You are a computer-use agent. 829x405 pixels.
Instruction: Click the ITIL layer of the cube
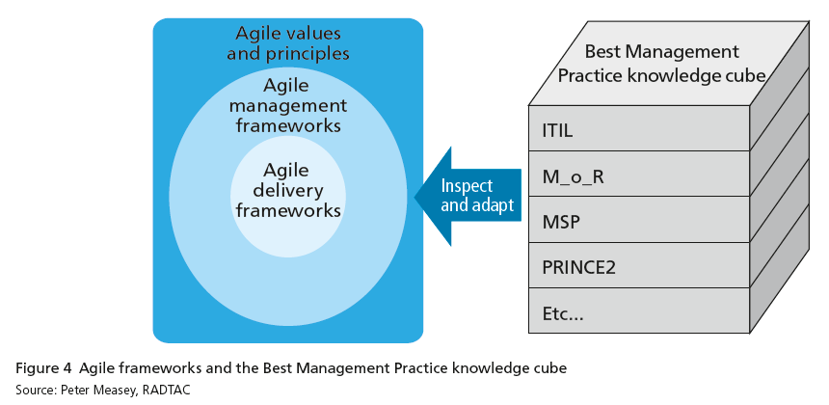(639, 128)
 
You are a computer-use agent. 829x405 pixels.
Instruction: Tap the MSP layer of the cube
(639, 220)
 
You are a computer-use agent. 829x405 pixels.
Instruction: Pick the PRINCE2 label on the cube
(579, 267)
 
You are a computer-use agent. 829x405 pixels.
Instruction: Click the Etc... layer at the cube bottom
(639, 310)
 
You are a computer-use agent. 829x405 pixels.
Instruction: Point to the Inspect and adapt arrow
(468, 196)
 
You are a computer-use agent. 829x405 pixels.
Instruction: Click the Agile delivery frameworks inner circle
(288, 197)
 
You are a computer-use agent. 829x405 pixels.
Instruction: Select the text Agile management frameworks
(287, 106)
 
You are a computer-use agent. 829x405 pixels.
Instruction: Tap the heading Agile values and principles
(288, 43)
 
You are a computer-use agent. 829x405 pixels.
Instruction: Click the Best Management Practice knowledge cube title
(662, 64)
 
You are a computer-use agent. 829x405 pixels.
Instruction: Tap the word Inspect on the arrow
(467, 186)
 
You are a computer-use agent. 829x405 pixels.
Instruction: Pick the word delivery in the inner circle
(288, 190)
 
